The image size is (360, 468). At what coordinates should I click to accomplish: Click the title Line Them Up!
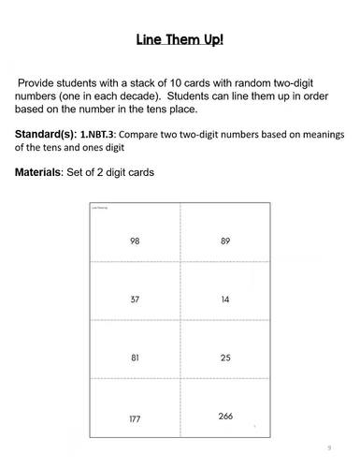pos(179,41)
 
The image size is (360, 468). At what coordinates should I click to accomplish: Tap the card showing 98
pos(135,241)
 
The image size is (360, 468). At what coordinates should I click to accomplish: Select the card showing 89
pos(225,241)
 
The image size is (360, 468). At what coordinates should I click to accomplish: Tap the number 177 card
pos(135,418)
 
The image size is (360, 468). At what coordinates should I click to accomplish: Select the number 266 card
pos(225,416)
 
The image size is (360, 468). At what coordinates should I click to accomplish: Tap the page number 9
pos(328,446)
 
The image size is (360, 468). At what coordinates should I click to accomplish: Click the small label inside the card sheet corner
pos(98,207)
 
